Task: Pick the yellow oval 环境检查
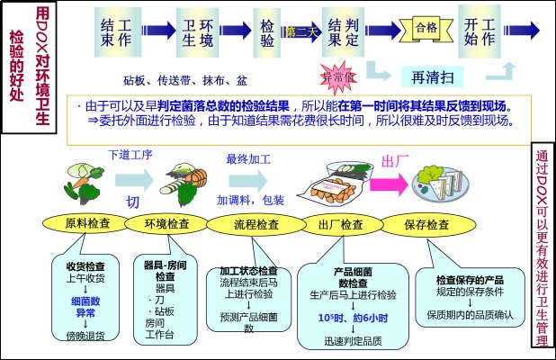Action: point(167,223)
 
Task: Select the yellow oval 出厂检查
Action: point(341,224)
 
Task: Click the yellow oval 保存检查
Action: point(426,224)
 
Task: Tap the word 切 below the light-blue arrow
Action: point(133,201)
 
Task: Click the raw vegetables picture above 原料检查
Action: point(82,180)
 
